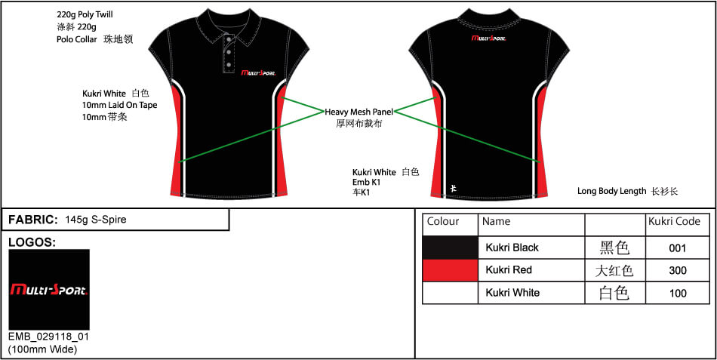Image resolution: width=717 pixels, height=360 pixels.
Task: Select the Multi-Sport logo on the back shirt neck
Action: (x=489, y=38)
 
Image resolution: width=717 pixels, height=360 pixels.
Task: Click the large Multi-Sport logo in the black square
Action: (x=49, y=290)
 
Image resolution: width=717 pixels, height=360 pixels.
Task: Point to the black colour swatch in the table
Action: (x=450, y=248)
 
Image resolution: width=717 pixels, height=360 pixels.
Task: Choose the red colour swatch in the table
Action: (x=450, y=270)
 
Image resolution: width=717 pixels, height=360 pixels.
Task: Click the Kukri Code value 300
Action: (x=677, y=270)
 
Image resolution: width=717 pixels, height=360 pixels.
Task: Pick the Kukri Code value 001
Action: (x=677, y=248)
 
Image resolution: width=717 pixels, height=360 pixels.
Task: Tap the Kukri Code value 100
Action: (x=677, y=294)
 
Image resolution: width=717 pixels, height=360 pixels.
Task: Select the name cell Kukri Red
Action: (x=509, y=270)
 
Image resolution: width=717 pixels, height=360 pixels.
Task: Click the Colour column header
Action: (x=442, y=221)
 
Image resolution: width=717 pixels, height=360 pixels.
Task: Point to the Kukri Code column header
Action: (x=674, y=221)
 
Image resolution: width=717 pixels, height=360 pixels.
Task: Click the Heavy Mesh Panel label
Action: (x=359, y=112)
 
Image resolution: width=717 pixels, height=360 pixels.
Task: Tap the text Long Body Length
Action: (x=612, y=191)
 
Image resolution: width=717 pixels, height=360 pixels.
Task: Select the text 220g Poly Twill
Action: (x=85, y=14)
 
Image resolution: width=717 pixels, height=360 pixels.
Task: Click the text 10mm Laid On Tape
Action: (x=120, y=105)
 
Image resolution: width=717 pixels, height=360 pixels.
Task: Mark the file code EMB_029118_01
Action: (x=49, y=337)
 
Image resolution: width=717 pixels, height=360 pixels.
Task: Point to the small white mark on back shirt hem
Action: (x=453, y=188)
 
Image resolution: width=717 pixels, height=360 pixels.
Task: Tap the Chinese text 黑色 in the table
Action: (x=614, y=248)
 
